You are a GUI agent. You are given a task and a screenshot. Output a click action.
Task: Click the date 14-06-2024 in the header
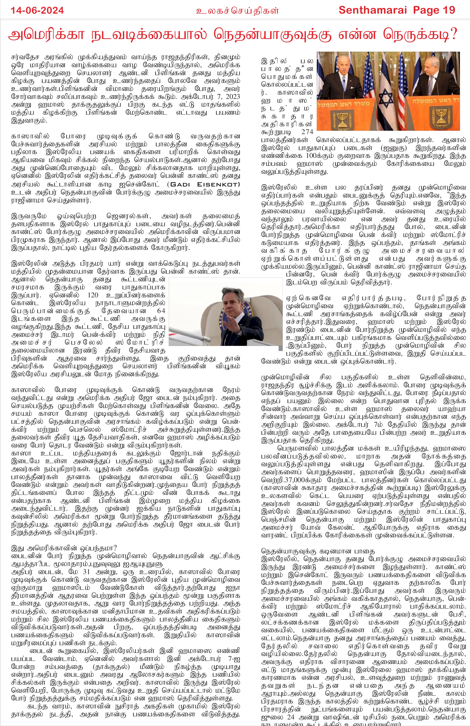point(37,10)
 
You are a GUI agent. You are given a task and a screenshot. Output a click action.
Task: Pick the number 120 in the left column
point(93,295)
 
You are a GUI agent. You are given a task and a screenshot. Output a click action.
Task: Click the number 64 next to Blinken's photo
point(161,311)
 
